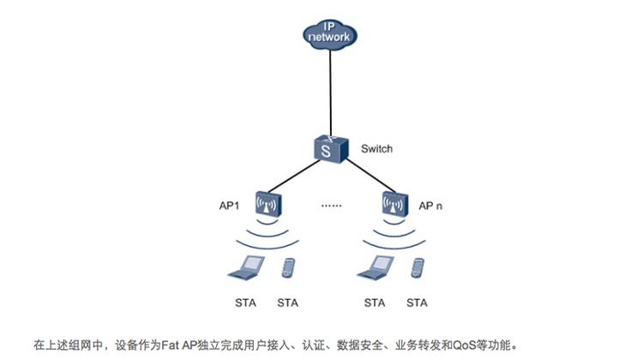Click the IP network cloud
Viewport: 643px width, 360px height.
pos(331,33)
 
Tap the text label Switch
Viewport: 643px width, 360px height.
pos(377,149)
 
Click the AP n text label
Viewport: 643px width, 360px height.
pos(430,207)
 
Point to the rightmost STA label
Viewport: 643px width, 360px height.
pos(418,303)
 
